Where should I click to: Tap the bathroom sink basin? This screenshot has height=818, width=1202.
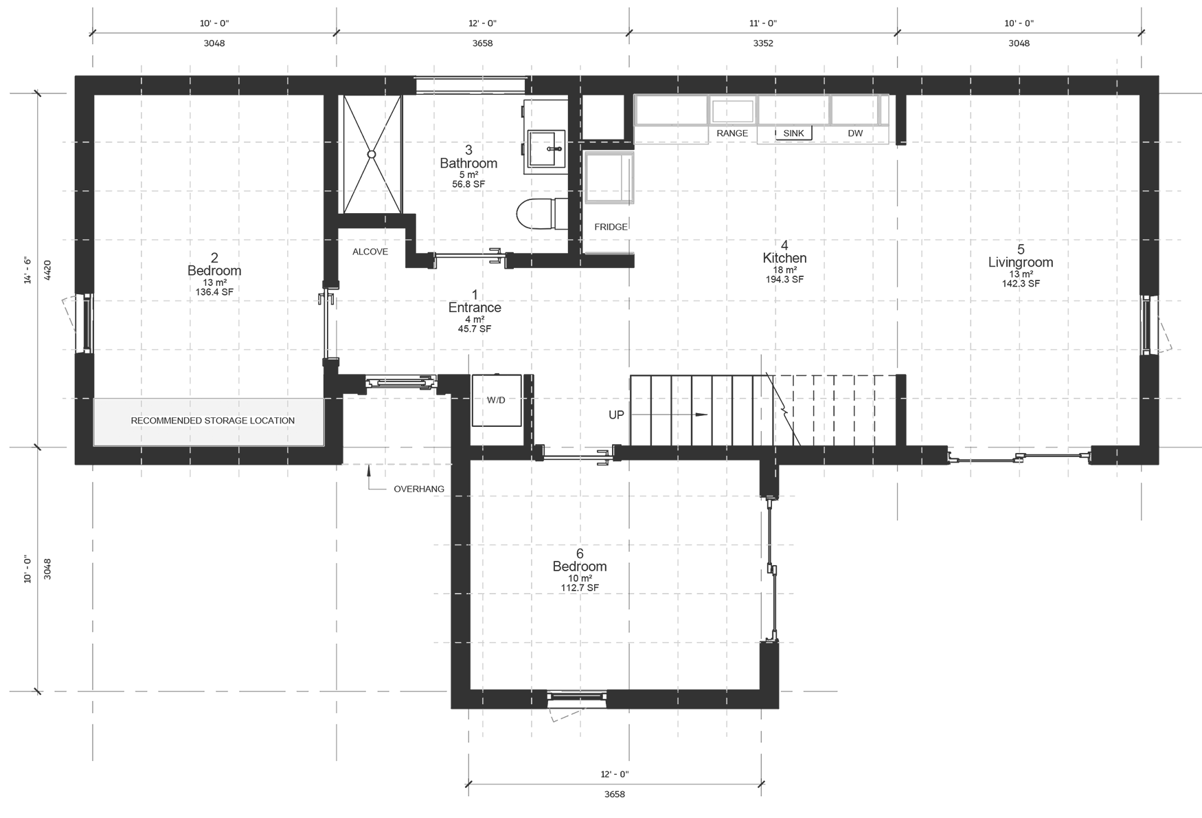pos(547,148)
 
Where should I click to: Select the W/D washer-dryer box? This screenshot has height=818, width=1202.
pos(496,400)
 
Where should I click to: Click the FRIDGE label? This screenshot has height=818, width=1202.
pos(611,227)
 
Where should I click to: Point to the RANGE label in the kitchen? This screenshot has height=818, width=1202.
pos(732,133)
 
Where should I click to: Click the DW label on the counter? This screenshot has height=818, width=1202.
pos(854,133)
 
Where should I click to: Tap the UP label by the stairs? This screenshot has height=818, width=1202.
pos(616,415)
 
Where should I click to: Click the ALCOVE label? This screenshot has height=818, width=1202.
pos(370,252)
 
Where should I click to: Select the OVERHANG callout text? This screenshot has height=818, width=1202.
pos(418,489)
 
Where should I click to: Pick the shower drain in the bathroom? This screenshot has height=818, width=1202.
pos(372,155)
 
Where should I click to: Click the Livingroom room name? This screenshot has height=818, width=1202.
pos(1020,262)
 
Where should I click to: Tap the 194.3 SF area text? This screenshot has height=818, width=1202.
pos(784,280)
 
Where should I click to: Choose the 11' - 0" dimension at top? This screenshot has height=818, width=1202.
pos(762,23)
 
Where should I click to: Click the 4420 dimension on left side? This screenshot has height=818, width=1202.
pos(48,269)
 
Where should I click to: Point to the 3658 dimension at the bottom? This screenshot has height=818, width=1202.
pos(614,794)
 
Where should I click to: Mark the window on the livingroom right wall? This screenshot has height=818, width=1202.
pos(1146,324)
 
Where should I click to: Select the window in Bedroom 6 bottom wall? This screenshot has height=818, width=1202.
pos(577,697)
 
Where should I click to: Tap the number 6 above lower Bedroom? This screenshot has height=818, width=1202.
pos(580,553)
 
